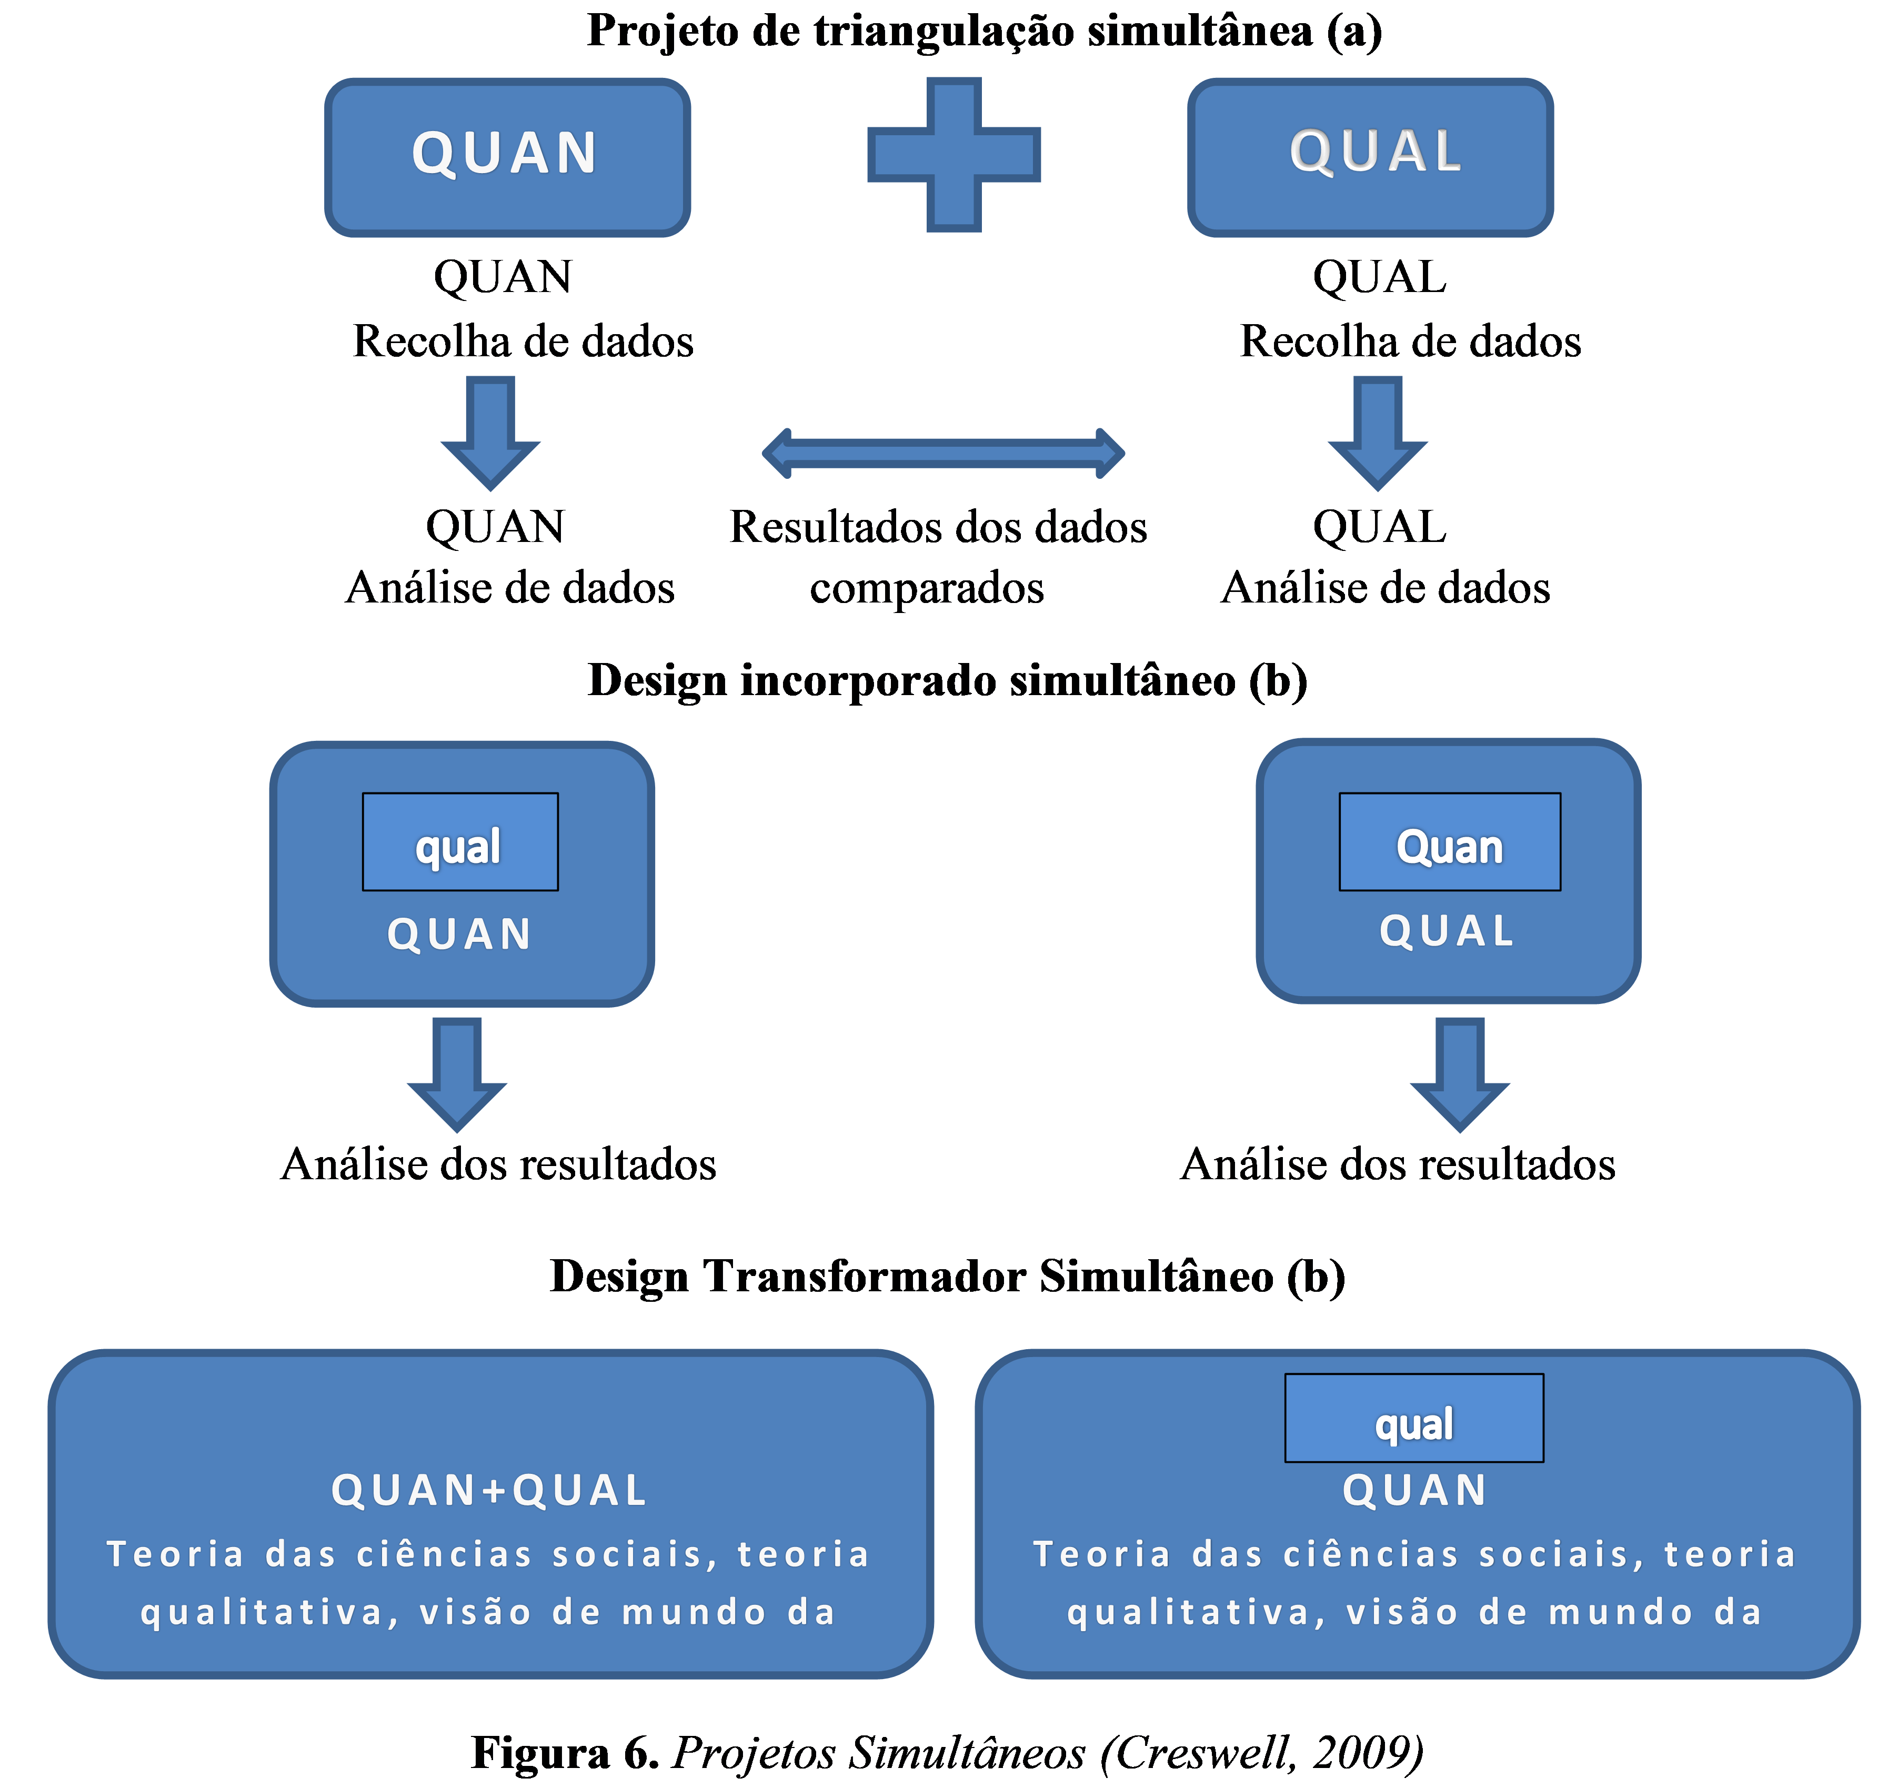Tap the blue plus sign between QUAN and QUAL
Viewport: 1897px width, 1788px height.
(953, 155)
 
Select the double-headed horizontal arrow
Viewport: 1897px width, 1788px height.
(943, 453)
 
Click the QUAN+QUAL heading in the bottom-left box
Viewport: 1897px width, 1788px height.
(489, 1490)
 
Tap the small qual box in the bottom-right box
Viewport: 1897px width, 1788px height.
(1413, 1419)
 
